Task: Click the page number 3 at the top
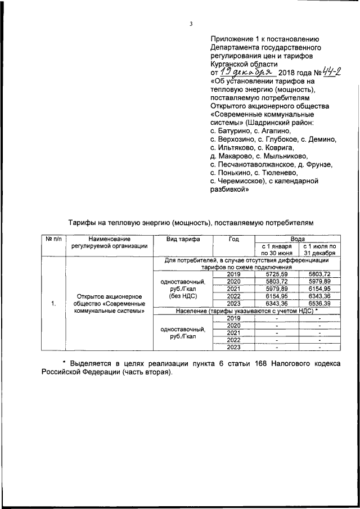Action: point(191,24)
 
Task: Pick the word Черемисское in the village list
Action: point(240,182)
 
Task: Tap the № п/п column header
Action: point(53,239)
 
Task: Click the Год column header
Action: point(233,239)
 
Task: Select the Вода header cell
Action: point(298,239)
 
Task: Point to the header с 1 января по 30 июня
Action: point(276,250)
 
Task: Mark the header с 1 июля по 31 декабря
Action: point(319,250)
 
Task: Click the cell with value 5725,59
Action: point(276,273)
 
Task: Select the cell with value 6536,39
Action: point(319,304)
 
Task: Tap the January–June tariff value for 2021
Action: point(276,289)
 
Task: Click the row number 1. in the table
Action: point(53,304)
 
